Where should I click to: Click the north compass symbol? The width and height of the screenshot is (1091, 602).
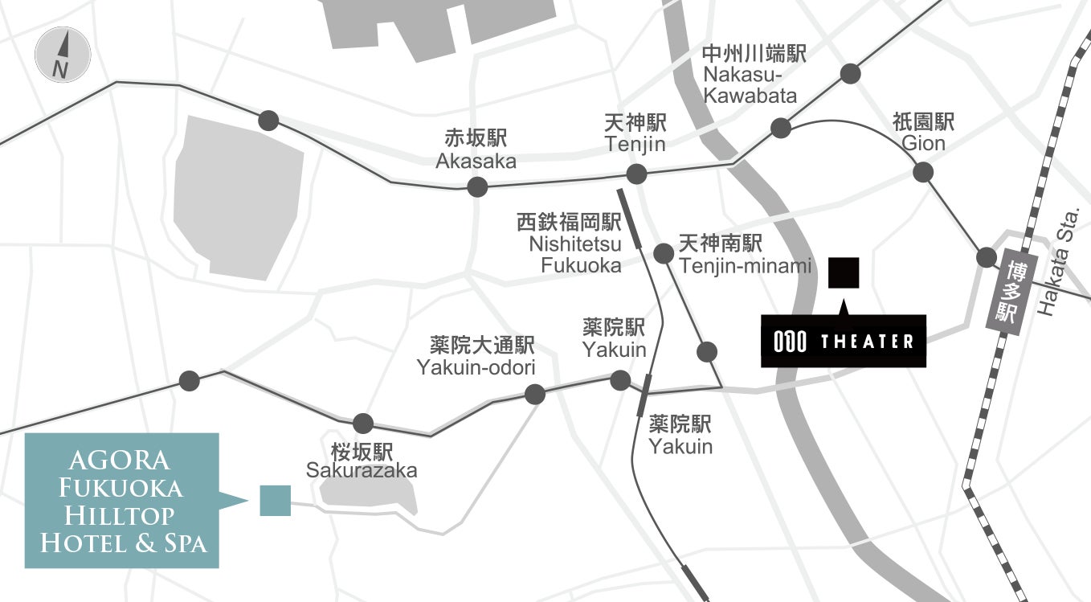click(x=63, y=54)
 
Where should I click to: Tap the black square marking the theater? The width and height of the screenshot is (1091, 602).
click(x=844, y=272)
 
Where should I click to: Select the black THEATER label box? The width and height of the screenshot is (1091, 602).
click(x=844, y=341)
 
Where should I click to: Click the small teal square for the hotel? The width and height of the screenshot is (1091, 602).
click(x=275, y=500)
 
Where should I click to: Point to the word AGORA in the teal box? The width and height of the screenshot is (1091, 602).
click(x=120, y=461)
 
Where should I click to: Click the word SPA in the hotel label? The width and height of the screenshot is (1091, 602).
click(x=185, y=544)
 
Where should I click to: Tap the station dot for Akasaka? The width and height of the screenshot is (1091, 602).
click(x=477, y=187)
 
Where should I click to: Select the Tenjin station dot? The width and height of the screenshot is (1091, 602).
click(x=636, y=174)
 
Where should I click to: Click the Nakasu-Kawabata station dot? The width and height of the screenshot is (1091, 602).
click(x=780, y=128)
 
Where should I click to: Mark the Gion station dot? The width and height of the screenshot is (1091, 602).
click(x=923, y=172)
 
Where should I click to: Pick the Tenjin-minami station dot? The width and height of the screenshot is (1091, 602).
click(x=664, y=254)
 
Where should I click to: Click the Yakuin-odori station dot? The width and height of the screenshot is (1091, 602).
click(x=534, y=394)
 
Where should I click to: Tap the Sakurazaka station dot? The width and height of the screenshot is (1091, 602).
click(x=363, y=423)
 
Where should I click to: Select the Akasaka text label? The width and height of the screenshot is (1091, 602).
click(x=476, y=161)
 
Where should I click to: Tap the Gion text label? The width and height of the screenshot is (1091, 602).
click(x=923, y=143)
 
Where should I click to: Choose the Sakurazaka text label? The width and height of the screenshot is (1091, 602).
click(x=362, y=470)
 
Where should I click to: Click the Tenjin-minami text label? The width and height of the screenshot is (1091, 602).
click(x=745, y=266)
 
